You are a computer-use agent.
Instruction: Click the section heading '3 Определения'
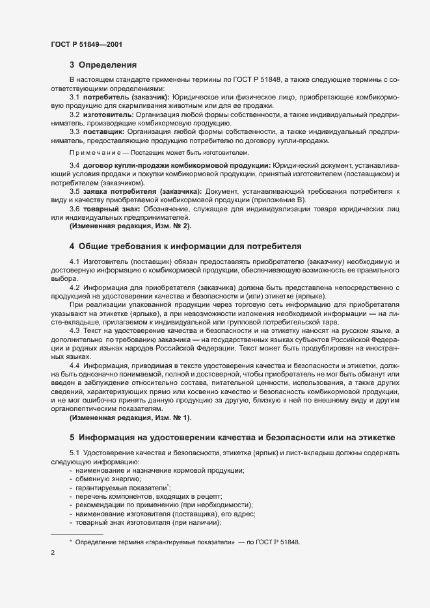pos(103,64)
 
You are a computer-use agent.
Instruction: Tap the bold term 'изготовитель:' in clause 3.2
pos(108,114)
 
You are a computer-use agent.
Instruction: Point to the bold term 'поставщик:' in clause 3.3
pos(103,132)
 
